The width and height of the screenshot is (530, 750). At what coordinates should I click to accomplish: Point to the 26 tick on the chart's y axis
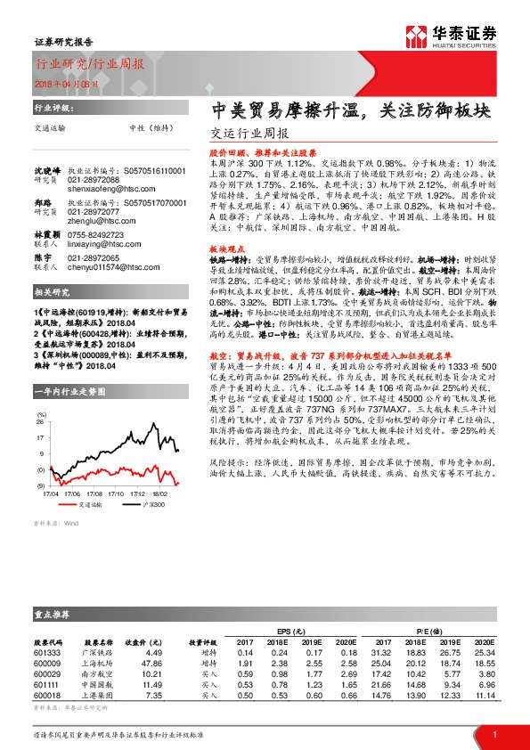41,399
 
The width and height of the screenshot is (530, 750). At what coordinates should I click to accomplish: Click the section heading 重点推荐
53,614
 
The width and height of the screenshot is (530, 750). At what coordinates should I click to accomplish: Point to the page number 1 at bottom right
493,734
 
